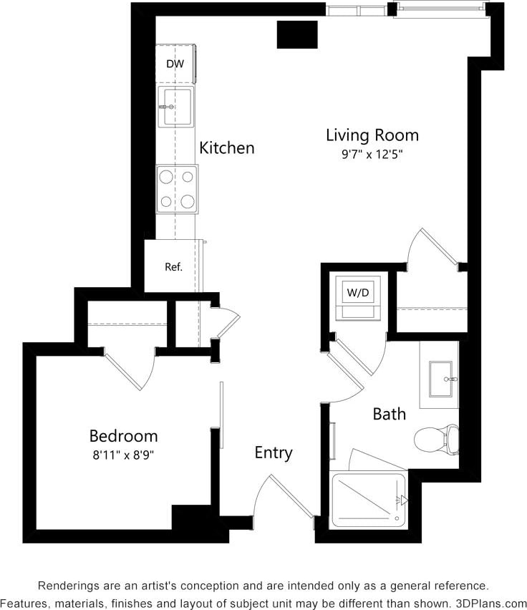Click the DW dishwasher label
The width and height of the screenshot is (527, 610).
[175, 64]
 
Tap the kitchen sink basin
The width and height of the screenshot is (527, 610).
[175, 107]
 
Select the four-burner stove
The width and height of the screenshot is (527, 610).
[177, 188]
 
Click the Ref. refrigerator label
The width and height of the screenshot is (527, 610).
[174, 267]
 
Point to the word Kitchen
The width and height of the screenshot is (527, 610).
[226, 148]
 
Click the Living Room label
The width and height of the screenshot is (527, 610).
[372, 135]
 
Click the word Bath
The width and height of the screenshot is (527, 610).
[389, 414]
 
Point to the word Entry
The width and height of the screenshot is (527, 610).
[274, 452]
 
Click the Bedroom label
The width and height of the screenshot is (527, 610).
[123, 435]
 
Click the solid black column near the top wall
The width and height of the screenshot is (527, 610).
[297, 34]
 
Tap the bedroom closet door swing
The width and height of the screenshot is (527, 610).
[131, 369]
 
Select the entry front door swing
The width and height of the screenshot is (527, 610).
[283, 498]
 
